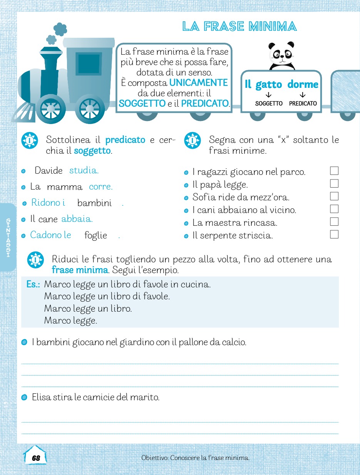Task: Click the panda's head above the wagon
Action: tap(281, 54)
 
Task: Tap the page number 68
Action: tap(36, 458)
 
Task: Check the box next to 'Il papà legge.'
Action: tap(334, 183)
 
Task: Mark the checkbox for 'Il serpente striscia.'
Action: tap(334, 234)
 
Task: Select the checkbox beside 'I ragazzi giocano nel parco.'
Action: tap(334, 171)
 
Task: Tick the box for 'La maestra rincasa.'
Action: tap(334, 222)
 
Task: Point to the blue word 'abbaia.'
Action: tap(77, 219)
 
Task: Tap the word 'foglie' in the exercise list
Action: tap(95, 235)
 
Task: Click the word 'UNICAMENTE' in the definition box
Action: tap(198, 83)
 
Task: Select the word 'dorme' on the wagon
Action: tap(303, 84)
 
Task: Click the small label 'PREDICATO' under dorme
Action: tap(303, 104)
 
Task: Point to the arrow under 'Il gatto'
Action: tap(268, 95)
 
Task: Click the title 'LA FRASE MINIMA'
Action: tap(239, 27)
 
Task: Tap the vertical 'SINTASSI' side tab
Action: tap(8, 237)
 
